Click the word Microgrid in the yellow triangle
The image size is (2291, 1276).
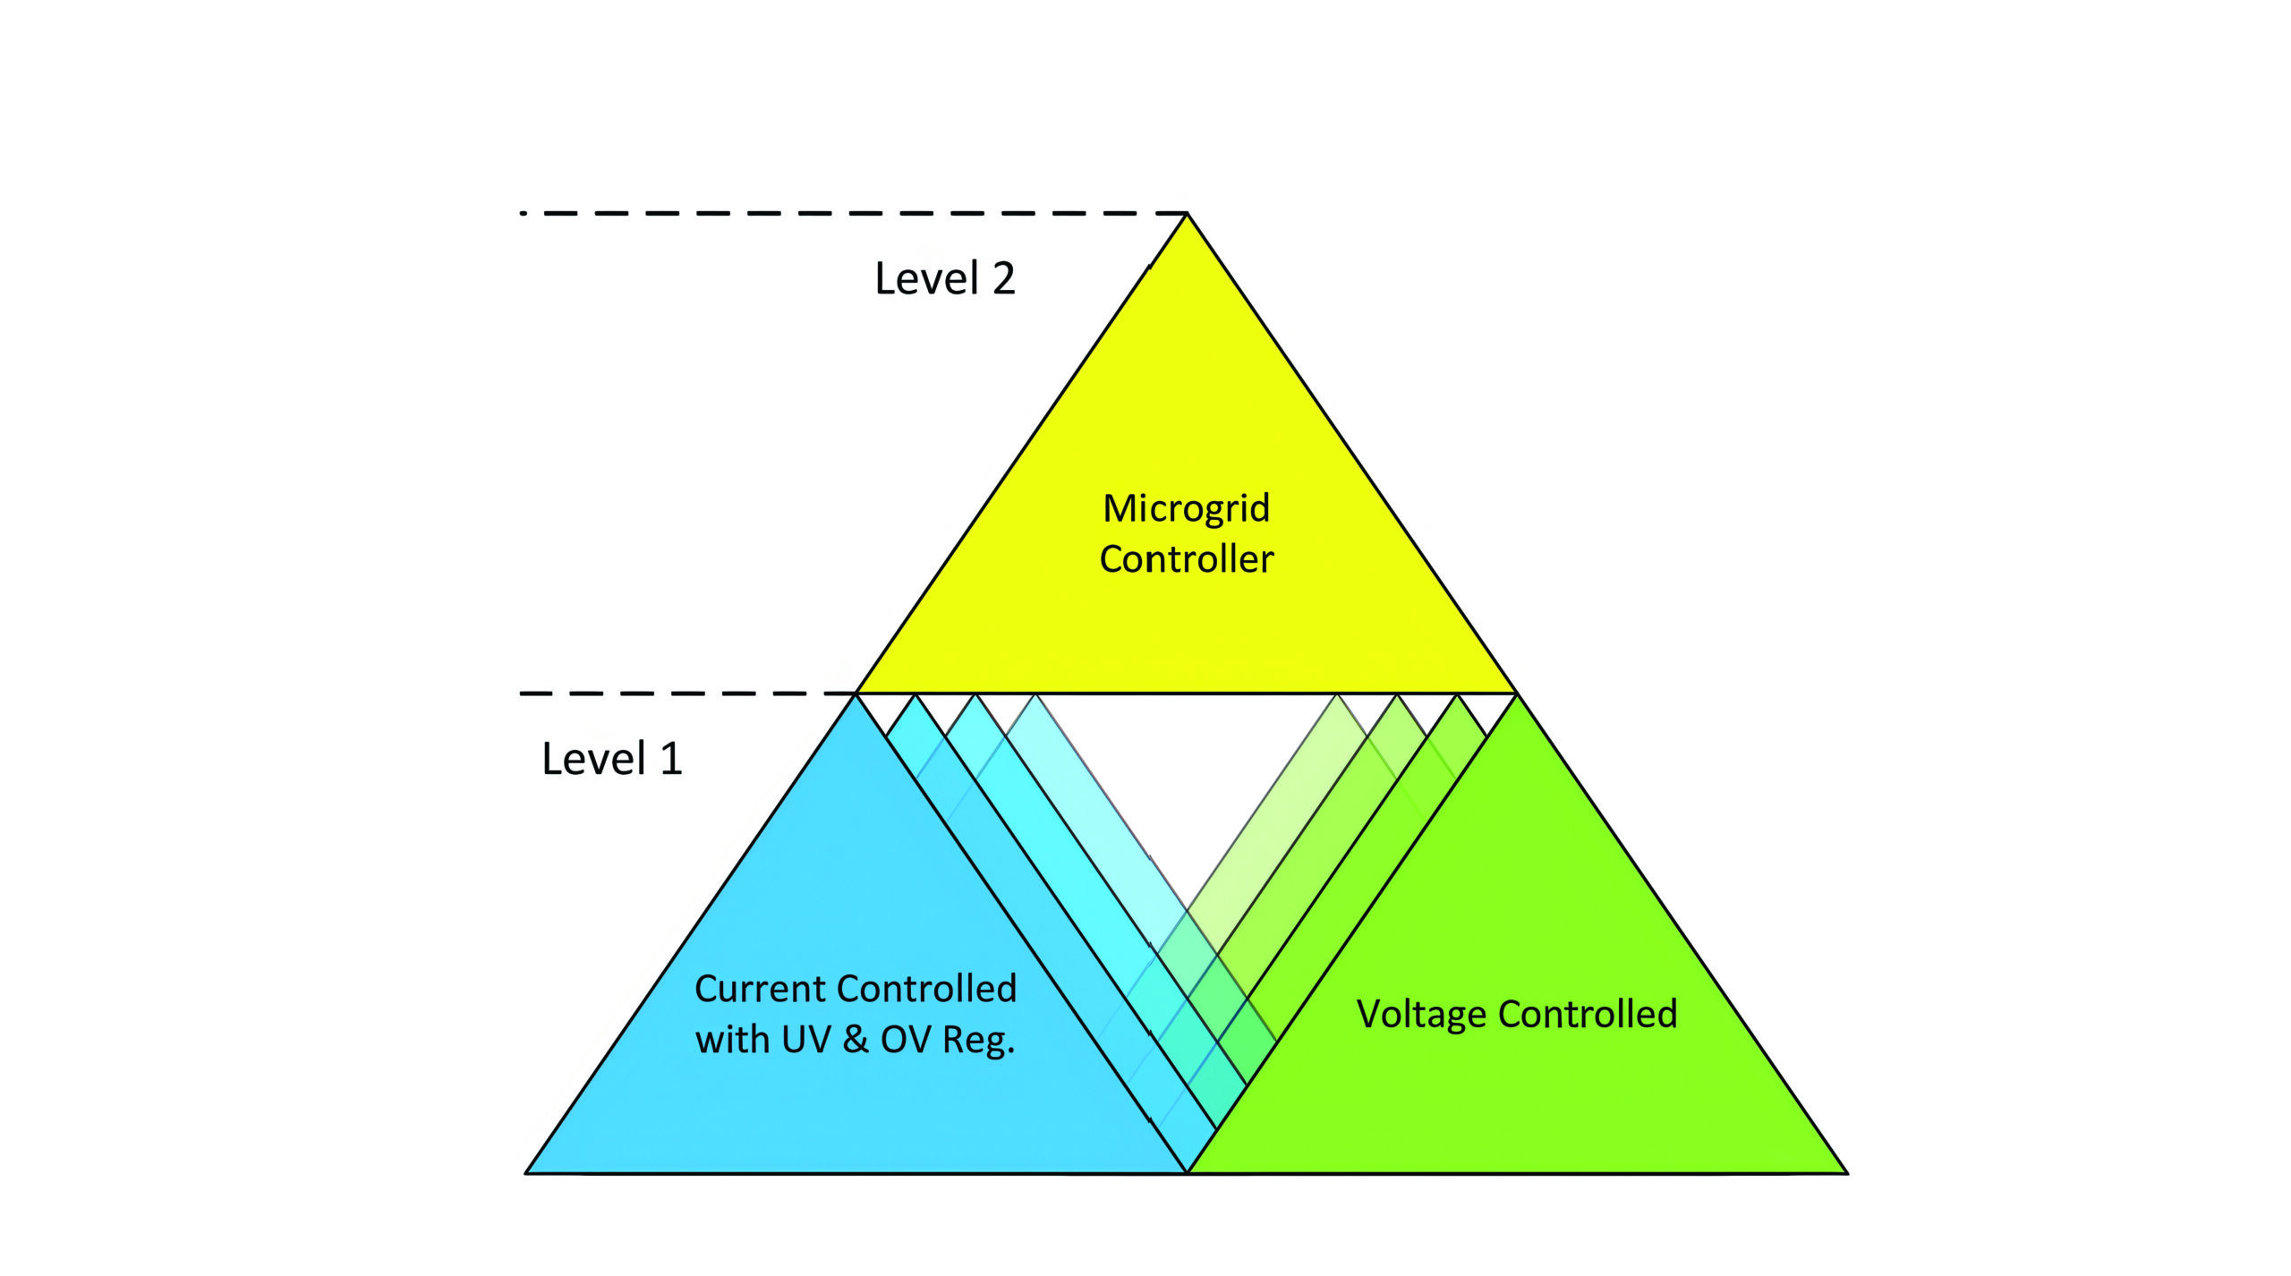tap(1186, 508)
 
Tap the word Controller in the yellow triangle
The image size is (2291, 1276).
tap(1186, 559)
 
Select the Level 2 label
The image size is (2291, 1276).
tap(944, 278)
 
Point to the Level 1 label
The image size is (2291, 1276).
tap(612, 759)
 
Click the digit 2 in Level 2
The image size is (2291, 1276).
tap(1003, 278)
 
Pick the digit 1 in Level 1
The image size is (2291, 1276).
tap(670, 759)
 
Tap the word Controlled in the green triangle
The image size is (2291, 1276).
tap(1588, 1014)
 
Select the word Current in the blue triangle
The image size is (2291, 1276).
tap(760, 989)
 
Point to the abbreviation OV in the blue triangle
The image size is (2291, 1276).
tap(906, 1040)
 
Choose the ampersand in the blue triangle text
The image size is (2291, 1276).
tap(856, 1040)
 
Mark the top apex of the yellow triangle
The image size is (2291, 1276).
tap(1187, 215)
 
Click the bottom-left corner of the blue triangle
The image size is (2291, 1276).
tap(527, 1171)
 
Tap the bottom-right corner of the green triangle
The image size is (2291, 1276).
tap(1845, 1171)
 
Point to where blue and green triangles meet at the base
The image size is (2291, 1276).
tap(1188, 1171)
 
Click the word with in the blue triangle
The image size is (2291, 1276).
tap(732, 1040)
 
